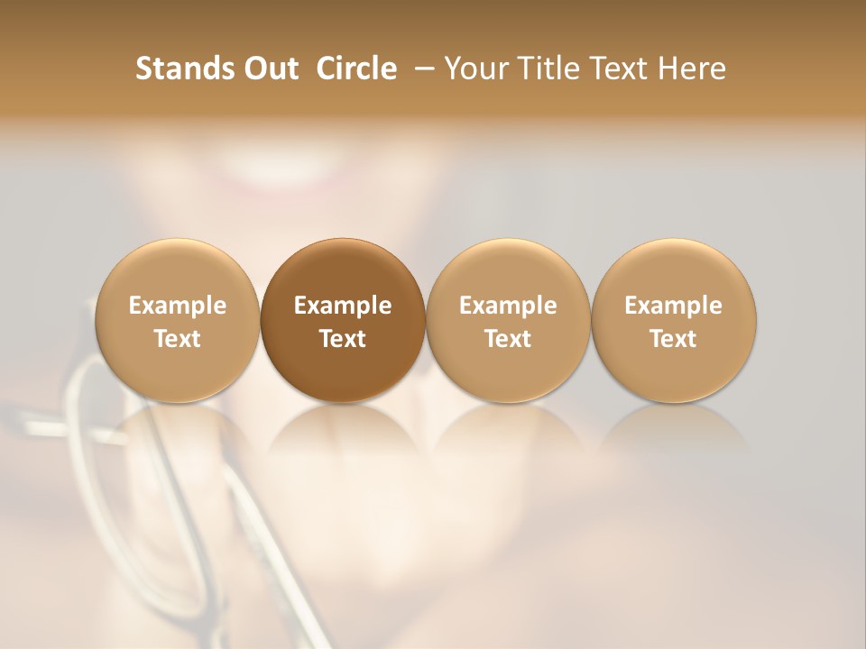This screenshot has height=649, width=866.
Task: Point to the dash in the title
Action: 421,69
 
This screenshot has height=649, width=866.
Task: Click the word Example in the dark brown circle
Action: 343,306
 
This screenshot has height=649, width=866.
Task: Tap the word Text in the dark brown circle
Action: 343,339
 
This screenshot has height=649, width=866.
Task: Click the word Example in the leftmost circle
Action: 178,306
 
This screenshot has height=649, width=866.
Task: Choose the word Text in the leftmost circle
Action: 178,339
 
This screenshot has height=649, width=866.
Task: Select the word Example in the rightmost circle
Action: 673,306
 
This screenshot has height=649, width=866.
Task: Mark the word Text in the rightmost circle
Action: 673,339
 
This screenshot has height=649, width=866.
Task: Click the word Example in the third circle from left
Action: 508,306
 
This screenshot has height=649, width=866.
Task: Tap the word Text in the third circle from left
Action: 508,339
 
